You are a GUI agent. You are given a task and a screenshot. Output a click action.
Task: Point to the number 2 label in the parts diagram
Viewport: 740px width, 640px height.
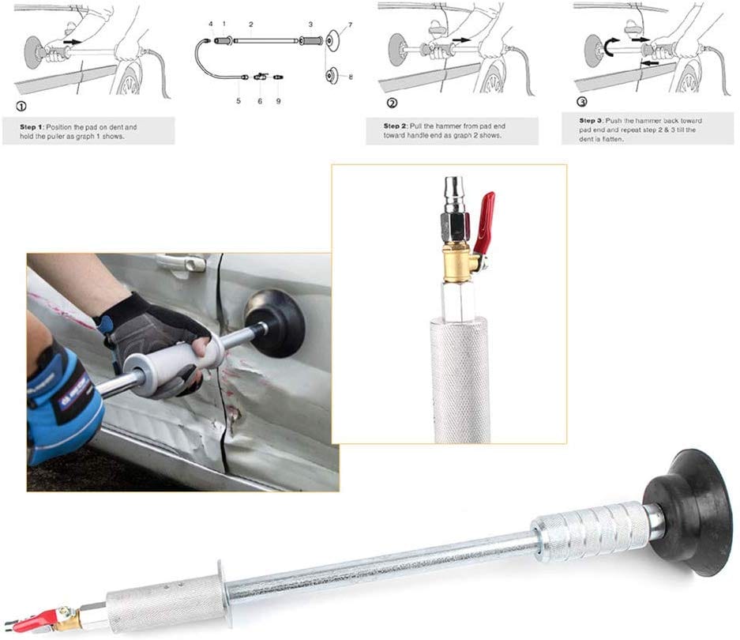click(250, 24)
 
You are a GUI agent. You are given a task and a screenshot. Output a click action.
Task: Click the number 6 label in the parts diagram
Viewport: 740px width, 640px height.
click(260, 100)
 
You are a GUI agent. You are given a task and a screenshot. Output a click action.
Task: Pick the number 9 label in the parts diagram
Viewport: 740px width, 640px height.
click(279, 100)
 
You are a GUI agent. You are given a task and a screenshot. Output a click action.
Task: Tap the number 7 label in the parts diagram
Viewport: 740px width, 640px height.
click(351, 25)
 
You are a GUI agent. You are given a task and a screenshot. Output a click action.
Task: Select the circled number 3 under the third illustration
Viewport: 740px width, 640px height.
click(583, 102)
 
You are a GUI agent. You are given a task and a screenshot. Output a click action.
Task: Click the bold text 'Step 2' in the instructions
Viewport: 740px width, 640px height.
click(396, 126)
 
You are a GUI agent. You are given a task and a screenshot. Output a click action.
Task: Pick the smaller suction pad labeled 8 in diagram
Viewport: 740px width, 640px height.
click(332, 76)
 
